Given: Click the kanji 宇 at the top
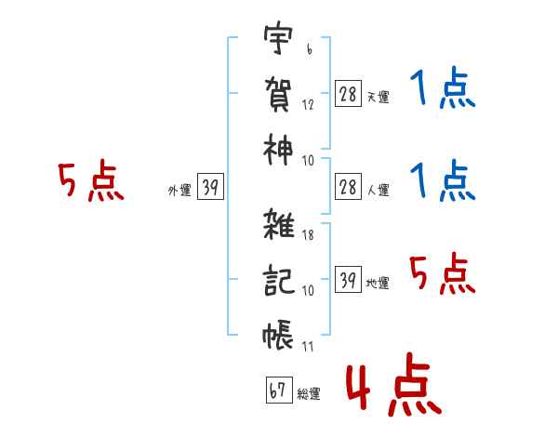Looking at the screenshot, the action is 278,37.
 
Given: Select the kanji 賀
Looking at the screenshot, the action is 278,94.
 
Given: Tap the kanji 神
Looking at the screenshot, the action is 278,150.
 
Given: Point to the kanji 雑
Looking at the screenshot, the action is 279,224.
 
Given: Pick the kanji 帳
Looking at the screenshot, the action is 278,335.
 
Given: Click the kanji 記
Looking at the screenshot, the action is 279,280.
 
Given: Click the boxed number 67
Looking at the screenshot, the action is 279,390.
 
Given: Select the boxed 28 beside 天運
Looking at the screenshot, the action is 348,94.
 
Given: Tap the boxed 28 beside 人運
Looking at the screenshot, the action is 348,187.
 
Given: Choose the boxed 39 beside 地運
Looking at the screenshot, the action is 348,279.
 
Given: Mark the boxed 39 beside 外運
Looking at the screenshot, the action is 210,186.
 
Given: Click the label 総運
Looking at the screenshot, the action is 309,394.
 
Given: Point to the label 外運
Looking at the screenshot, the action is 179,191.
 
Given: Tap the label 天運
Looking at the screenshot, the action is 379,97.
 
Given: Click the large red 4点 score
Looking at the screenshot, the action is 394,384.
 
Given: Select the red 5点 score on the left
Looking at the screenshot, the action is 91,180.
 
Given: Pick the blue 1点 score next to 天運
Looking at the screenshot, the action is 443,87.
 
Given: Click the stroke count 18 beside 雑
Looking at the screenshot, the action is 308,235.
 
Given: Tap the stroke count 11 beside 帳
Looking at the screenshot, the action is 308,346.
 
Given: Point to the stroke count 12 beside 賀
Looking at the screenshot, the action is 308,105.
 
